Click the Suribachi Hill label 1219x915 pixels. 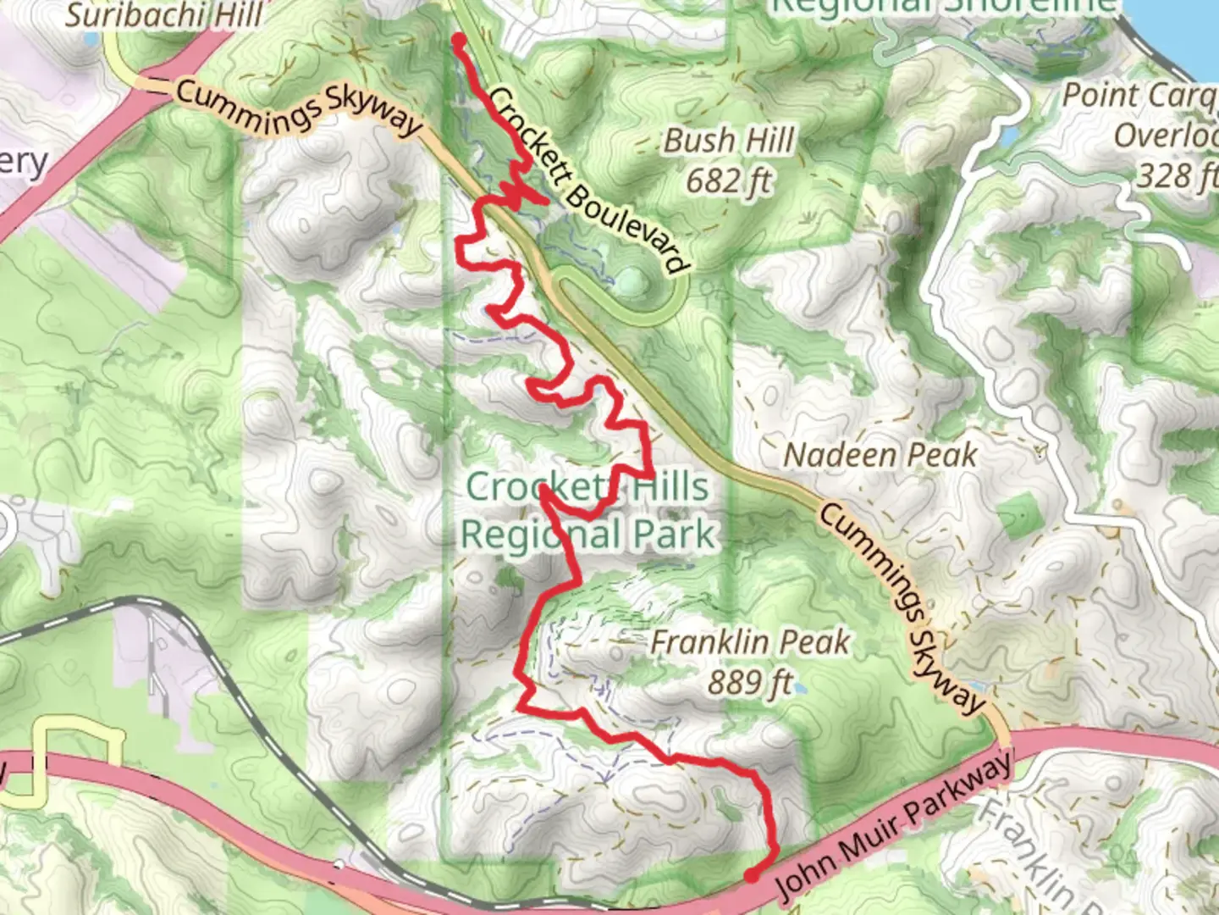pyautogui.click(x=164, y=15)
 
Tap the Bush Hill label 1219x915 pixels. pyautogui.click(x=729, y=141)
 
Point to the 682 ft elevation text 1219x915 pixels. pyautogui.click(x=729, y=180)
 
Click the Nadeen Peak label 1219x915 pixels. pyautogui.click(x=880, y=456)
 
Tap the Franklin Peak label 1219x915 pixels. pyautogui.click(x=750, y=642)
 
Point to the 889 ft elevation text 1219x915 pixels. pyautogui.click(x=750, y=681)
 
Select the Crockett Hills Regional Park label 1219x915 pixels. pyautogui.click(x=588, y=511)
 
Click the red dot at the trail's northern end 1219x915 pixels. pyautogui.click(x=459, y=40)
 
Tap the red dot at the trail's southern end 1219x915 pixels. pyautogui.click(x=751, y=876)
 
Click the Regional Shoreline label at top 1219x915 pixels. pyautogui.click(x=945, y=7)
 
